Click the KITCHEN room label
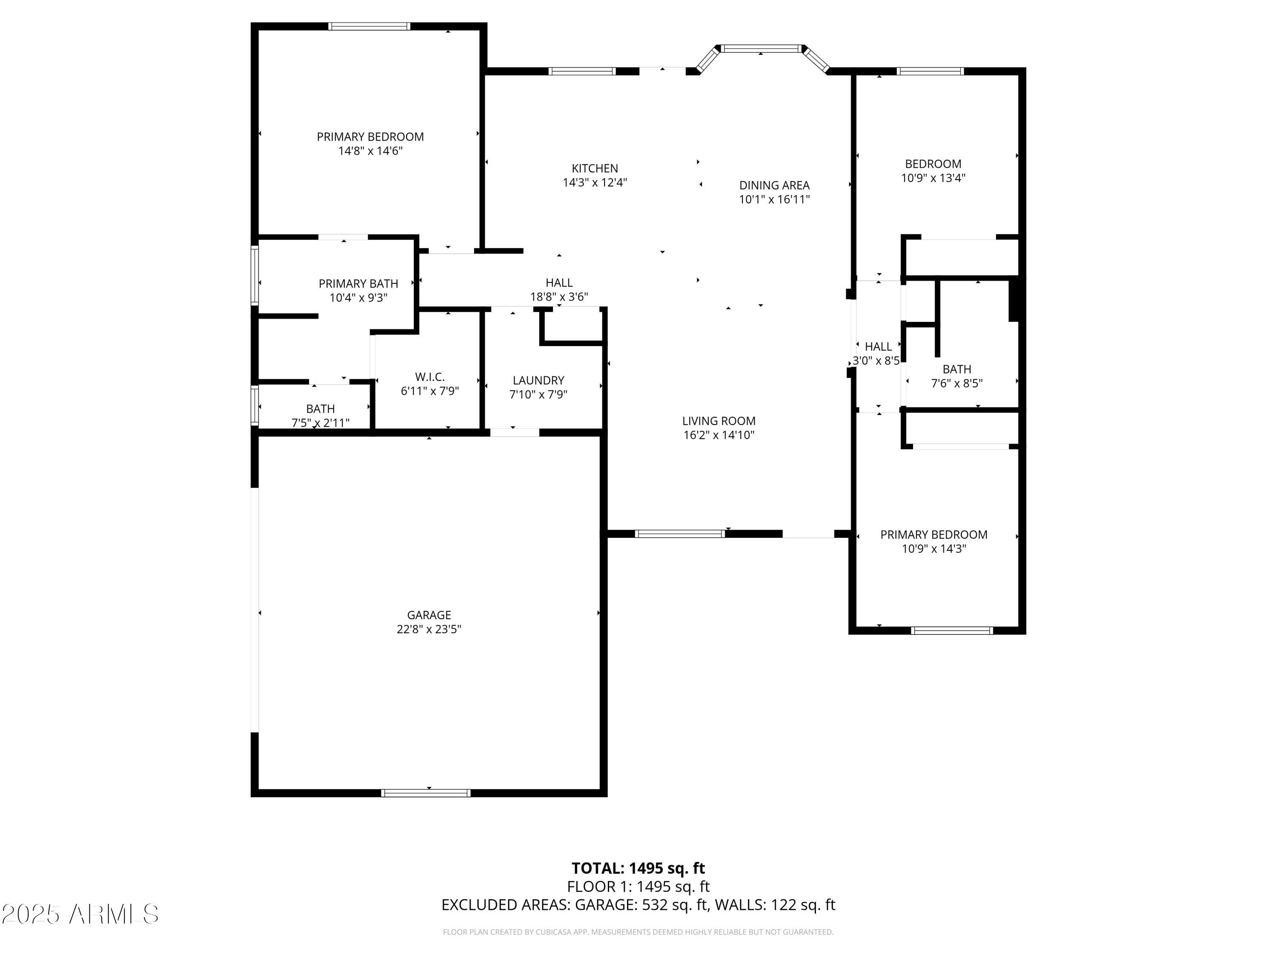pos(595,169)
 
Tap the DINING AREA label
pos(774,185)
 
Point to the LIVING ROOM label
pos(719,422)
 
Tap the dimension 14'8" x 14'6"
pos(370,151)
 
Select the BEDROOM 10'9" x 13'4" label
pos(933,171)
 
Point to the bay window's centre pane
pos(761,49)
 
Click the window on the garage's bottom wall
pos(426,793)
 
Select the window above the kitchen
pos(582,72)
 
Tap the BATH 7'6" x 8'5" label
pos(956,376)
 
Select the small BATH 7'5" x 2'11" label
pos(321,416)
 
